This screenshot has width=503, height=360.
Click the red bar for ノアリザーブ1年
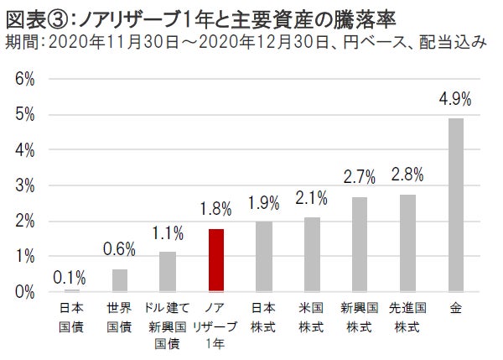click(215, 259)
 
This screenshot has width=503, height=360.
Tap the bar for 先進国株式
click(407, 242)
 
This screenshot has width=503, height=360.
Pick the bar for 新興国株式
click(360, 243)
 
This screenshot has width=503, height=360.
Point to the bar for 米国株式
click(312, 253)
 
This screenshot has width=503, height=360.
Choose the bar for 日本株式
click(263, 256)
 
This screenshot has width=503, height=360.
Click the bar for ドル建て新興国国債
click(168, 271)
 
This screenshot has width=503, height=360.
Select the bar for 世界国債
click(120, 280)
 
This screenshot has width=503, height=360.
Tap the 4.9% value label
click(456, 99)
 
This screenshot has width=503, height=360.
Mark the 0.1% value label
click(71, 276)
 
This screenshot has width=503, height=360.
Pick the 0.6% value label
click(120, 250)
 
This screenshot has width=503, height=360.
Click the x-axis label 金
click(456, 308)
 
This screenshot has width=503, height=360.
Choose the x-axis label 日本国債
click(71, 316)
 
